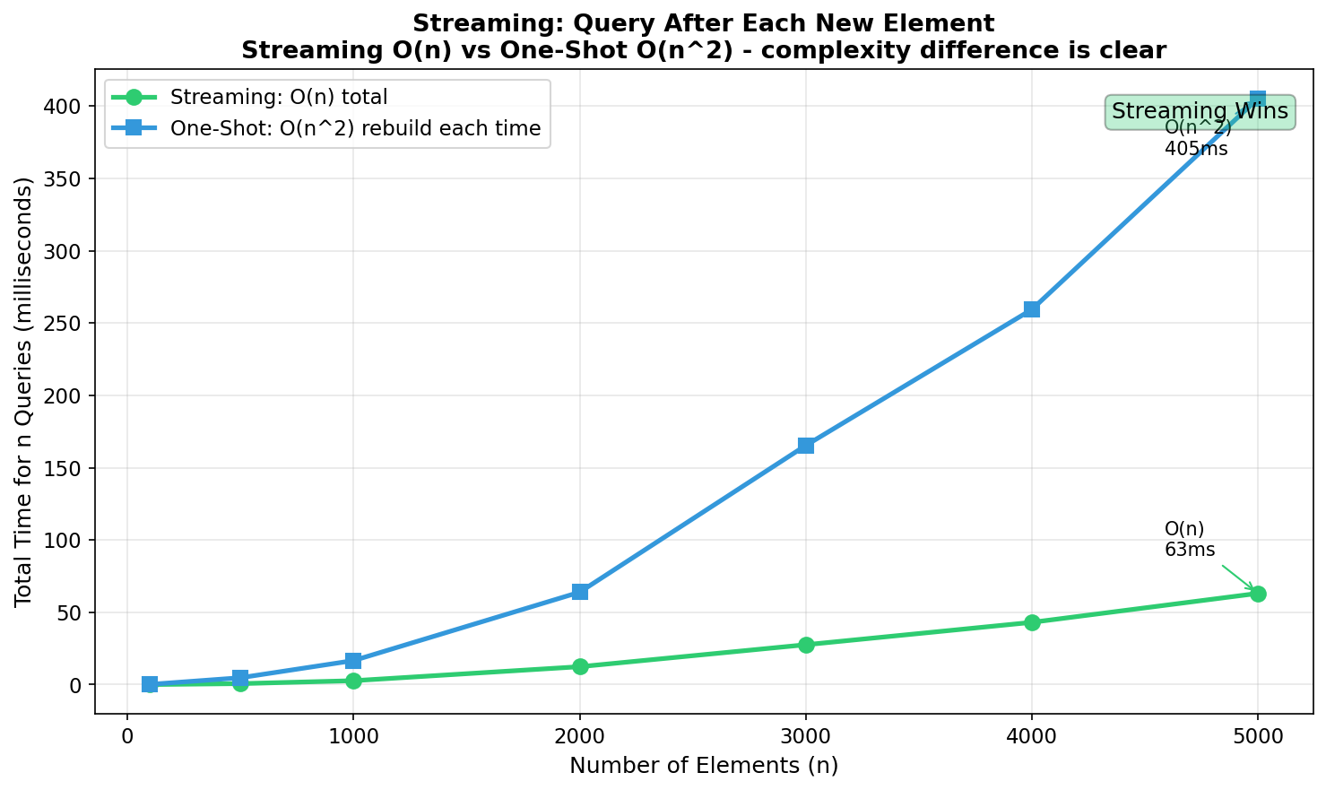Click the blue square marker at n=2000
tap(580, 592)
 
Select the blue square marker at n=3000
tap(806, 446)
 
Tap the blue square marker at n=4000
tap(1032, 309)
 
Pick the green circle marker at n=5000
tap(1258, 594)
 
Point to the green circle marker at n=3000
tap(806, 645)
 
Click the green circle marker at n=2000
tap(580, 666)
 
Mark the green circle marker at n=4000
tap(1032, 622)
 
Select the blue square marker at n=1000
tap(353, 661)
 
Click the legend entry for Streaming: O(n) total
tap(278, 97)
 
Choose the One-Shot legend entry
tap(355, 128)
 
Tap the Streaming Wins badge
tap(1200, 112)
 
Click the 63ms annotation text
tap(1190, 550)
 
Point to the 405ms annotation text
tap(1196, 149)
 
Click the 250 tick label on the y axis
tap(63, 323)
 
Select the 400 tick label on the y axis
tap(63, 106)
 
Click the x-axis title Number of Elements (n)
tap(704, 766)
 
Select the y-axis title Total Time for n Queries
tap(24, 392)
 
